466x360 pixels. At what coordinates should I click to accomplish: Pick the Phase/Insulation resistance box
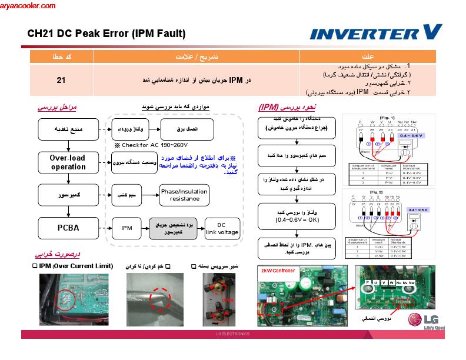point(185,195)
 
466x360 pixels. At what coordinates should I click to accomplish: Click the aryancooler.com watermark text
point(28,6)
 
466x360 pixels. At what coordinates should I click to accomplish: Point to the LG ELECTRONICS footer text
point(233,334)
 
